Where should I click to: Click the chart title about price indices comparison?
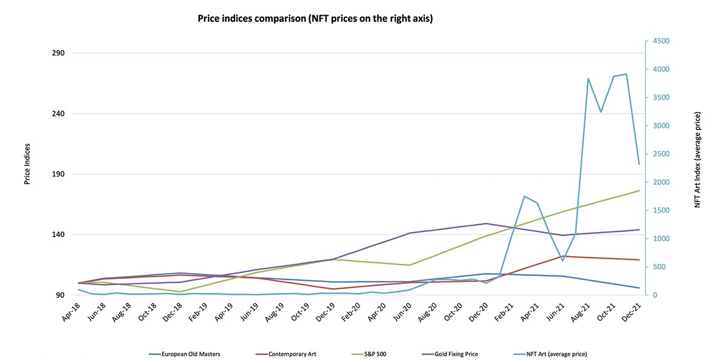[x=315, y=19]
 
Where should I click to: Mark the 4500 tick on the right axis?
[x=660, y=41]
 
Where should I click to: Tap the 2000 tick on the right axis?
[x=660, y=182]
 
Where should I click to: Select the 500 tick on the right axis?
[x=659, y=267]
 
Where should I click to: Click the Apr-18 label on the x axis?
[x=70, y=310]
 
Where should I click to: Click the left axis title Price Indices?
[x=27, y=164]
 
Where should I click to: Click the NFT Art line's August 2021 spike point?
[x=588, y=79]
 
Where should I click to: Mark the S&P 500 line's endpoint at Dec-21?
[x=639, y=191]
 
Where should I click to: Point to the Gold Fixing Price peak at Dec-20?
[x=486, y=223]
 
